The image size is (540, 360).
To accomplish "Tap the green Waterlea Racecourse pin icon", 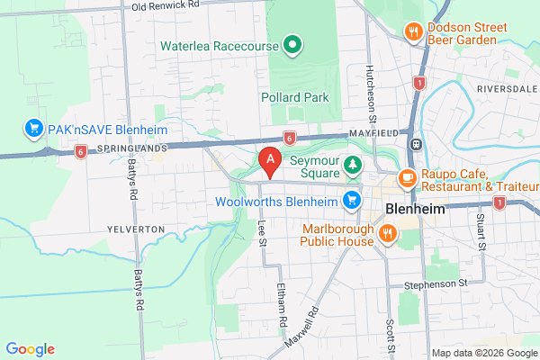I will pos(292,44).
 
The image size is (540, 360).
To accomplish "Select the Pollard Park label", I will pos(294,96).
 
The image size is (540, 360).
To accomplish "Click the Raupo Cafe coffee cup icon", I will pos(407,177).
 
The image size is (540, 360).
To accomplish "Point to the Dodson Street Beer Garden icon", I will pos(414,31).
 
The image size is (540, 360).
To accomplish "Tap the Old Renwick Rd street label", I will pos(164,6).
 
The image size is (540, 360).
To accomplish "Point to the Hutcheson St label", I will pos(370,94).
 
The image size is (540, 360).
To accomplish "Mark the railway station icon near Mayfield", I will pos(417,144).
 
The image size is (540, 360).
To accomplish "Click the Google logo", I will pos(30,349).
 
